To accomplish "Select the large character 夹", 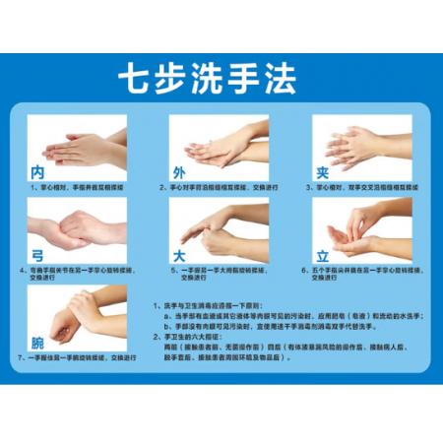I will [322, 172].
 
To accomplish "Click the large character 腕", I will [36, 343].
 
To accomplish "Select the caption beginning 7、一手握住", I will [79, 358].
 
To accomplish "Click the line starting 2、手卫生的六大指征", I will [197, 337].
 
